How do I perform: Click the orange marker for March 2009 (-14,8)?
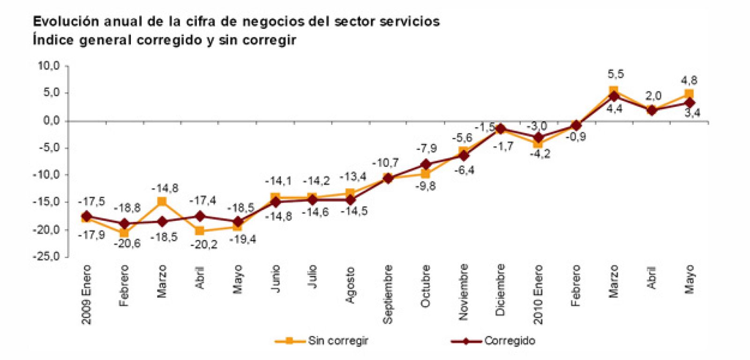(x=162, y=202)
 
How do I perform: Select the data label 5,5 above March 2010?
(x=616, y=74)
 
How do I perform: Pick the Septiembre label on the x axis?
(x=388, y=293)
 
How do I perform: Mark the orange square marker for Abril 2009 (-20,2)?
(x=199, y=231)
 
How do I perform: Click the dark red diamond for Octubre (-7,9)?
(x=426, y=164)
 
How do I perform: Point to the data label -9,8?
(x=425, y=186)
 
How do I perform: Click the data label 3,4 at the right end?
(x=689, y=113)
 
